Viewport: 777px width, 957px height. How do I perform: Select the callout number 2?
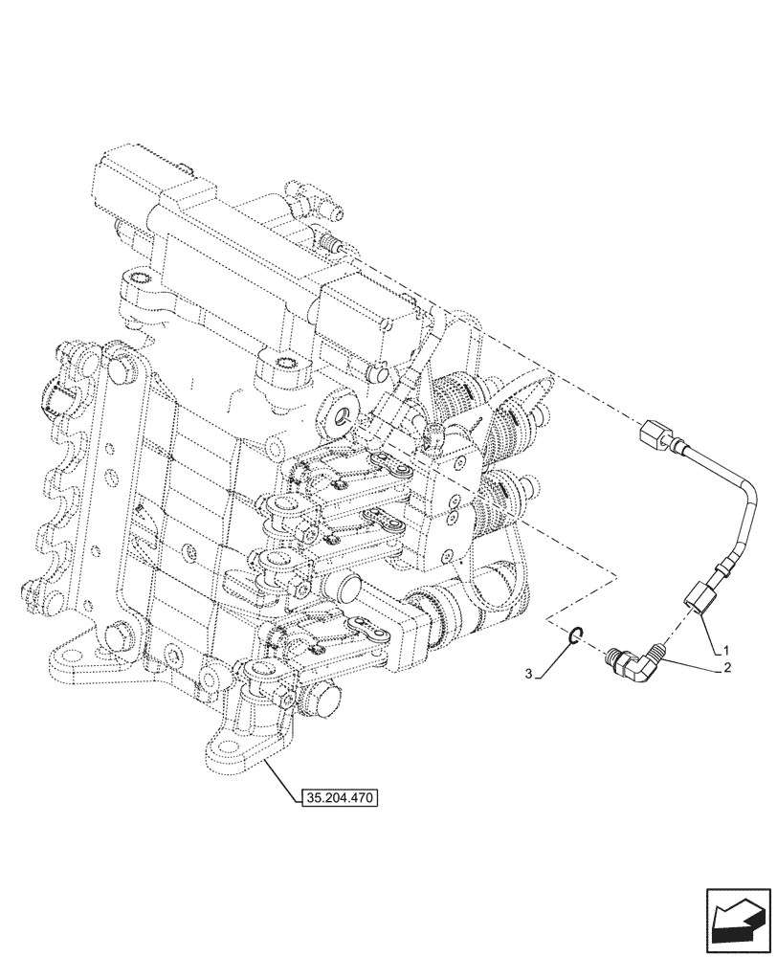tap(727, 667)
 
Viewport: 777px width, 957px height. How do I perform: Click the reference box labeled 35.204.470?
tap(340, 796)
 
